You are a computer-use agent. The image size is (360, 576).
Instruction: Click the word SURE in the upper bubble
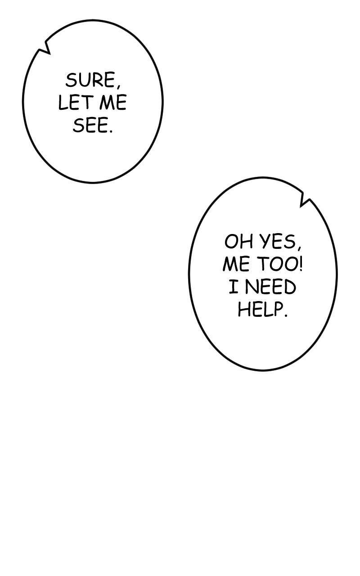tap(90, 81)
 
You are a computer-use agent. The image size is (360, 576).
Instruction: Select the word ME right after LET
tap(113, 103)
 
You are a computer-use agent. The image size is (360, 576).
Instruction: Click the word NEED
tap(270, 287)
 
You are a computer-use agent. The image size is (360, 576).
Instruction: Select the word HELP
tap(260, 310)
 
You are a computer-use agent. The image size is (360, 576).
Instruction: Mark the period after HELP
tap(285, 315)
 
